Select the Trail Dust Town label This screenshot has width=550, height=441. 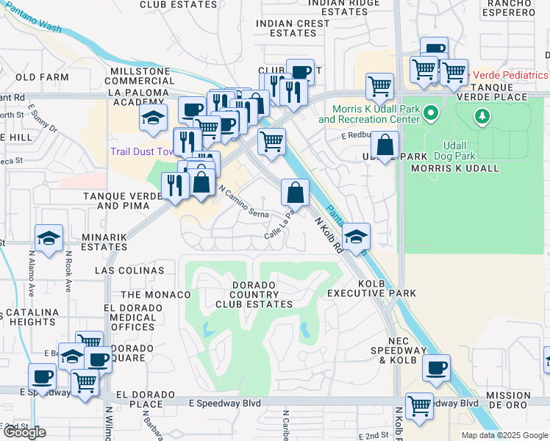point(143,152)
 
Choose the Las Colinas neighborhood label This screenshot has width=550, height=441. point(129,270)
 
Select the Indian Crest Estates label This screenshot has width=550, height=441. point(293,28)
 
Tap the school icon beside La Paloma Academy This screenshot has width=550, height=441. point(153,118)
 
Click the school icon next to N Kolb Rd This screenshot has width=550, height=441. point(356,237)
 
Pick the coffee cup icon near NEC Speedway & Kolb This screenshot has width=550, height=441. point(436,367)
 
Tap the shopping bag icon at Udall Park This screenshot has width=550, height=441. point(385,144)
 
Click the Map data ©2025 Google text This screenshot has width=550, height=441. point(504,435)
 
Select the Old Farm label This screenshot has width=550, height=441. point(37,76)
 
